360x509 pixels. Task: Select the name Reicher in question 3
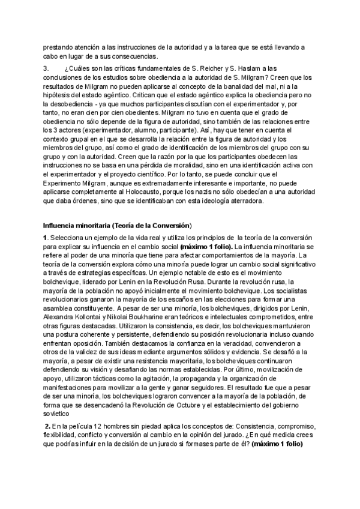tap(218, 69)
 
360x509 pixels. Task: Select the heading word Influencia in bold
tap(61, 225)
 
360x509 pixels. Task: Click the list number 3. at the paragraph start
tap(46, 69)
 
